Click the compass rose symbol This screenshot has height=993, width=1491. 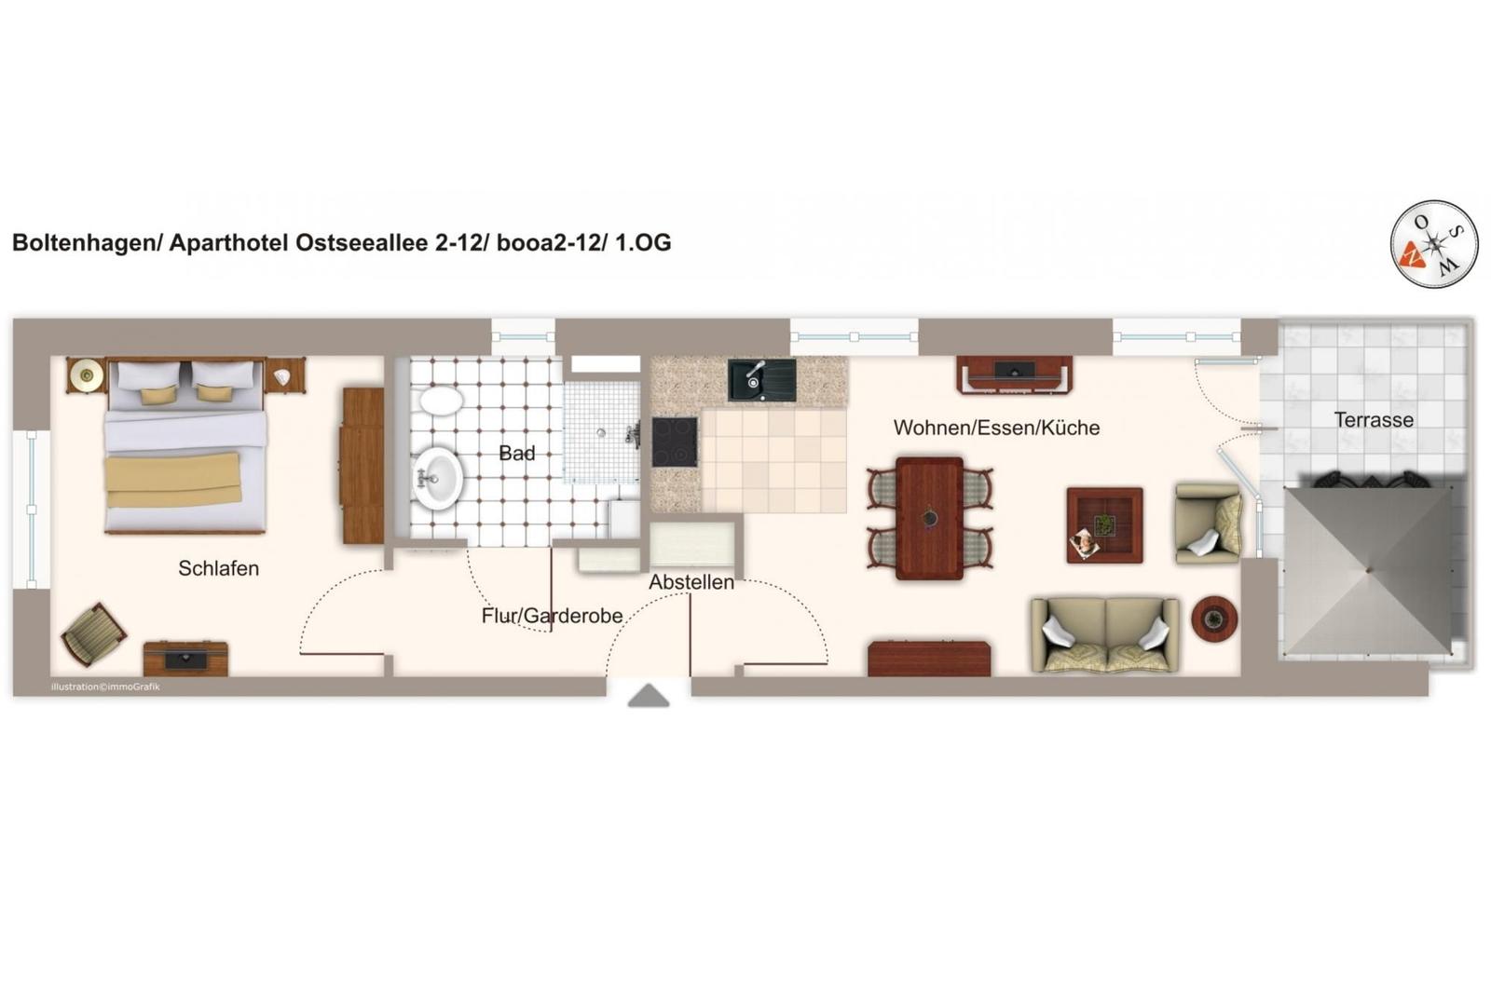click(x=1434, y=244)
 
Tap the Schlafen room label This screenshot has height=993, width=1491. click(x=218, y=568)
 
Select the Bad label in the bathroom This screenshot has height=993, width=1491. click(x=516, y=454)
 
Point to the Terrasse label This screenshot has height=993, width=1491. click(x=1374, y=420)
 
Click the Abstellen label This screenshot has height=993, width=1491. click(x=691, y=582)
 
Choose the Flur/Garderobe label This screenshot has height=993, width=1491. click(x=552, y=616)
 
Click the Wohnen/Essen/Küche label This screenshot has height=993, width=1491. click(x=996, y=428)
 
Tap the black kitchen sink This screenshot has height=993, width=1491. click(x=761, y=380)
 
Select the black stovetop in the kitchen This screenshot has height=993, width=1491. click(x=675, y=442)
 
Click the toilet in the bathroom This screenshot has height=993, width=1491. click(x=441, y=402)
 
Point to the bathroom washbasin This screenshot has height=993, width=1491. click(x=437, y=478)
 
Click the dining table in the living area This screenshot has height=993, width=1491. click(x=929, y=518)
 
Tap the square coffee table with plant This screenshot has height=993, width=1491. click(x=1105, y=525)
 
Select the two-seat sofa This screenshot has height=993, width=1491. click(x=1105, y=635)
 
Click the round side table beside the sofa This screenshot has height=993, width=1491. click(x=1214, y=619)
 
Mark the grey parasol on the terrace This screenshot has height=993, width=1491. click(x=1368, y=570)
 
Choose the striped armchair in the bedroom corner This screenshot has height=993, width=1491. click(x=94, y=634)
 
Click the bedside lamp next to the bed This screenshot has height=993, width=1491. click(x=86, y=376)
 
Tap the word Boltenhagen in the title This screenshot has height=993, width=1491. click(x=83, y=243)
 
